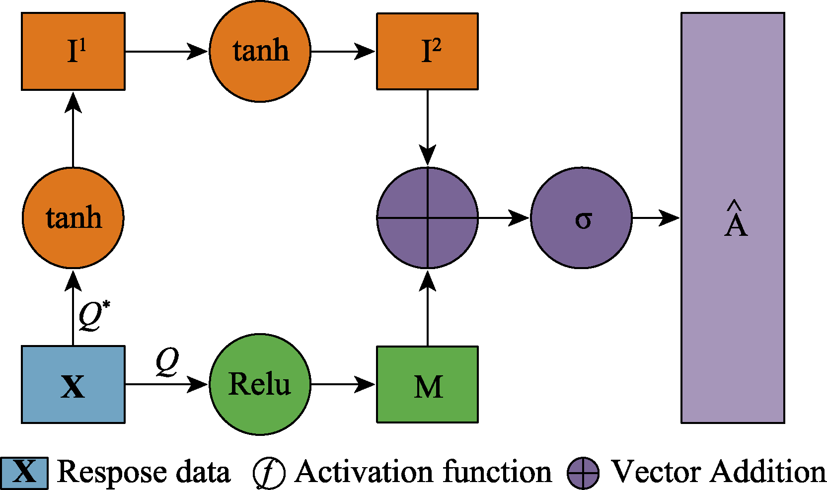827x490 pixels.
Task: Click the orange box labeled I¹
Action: coord(73,51)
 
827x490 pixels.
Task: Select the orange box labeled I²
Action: coord(427,51)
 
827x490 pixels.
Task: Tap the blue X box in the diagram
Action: coord(73,384)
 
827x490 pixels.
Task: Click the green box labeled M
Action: coord(427,384)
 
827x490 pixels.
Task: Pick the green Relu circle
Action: coord(260,384)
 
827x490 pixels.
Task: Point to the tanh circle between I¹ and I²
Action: coord(260,51)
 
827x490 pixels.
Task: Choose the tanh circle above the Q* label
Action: coord(73,218)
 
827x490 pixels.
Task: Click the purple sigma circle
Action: coord(581,218)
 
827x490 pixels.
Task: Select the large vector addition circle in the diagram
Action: coord(427,218)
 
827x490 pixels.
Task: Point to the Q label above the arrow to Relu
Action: coord(167,361)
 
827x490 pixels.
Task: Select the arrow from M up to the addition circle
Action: coord(427,308)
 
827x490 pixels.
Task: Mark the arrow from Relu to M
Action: coord(343,384)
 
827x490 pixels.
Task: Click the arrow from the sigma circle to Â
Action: coord(656,218)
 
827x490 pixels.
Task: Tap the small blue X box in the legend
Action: coord(24,473)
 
